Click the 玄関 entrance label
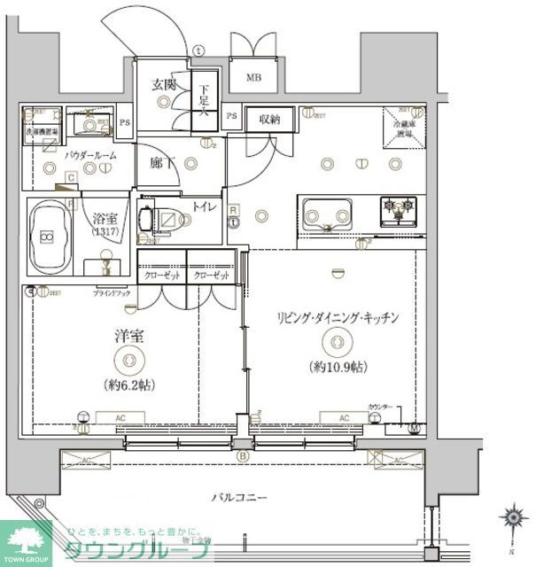pos(163,85)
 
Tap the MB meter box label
pos(253,77)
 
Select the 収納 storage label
pos(269,119)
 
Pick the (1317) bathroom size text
pos(108,232)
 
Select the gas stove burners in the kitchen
pos(398,211)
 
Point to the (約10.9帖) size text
pos(338,367)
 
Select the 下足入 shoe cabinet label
pos(204,100)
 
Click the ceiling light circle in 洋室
pos(129,359)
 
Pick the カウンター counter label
pos(381,408)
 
